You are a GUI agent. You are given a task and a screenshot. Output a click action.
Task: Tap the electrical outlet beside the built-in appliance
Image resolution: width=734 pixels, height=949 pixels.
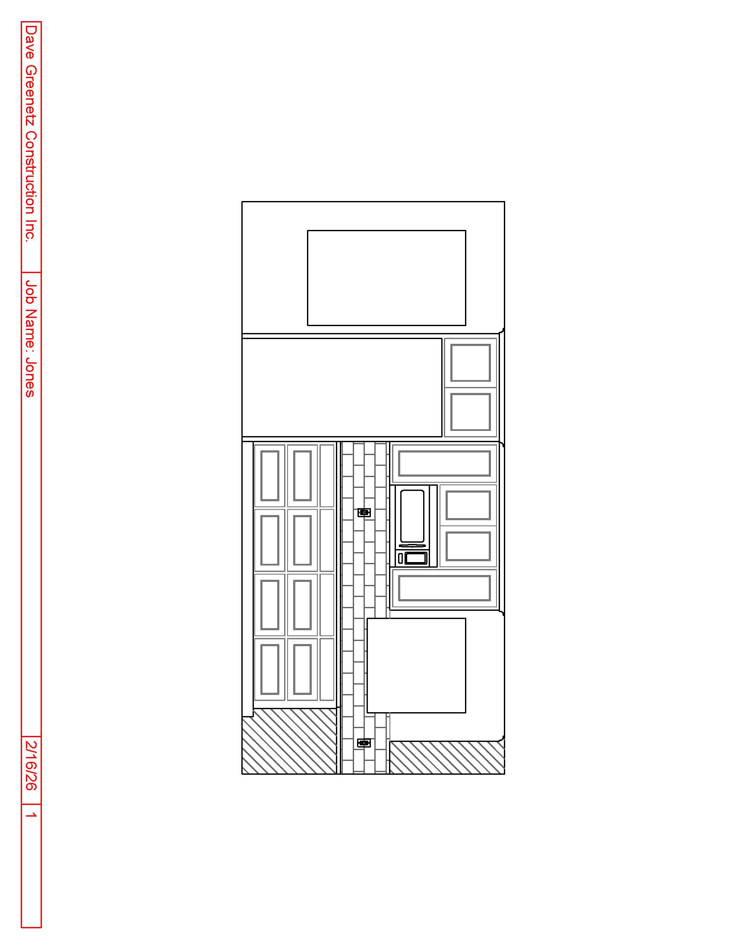[364, 513]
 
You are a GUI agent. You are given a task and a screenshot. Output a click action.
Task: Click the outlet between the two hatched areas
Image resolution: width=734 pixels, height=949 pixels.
[364, 743]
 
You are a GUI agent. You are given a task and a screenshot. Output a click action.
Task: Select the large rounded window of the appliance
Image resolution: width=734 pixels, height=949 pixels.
[412, 516]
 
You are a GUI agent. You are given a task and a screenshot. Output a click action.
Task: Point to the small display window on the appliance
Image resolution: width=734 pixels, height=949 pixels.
[416, 558]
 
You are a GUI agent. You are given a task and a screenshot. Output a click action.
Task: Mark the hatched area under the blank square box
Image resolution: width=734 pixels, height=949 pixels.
[447, 758]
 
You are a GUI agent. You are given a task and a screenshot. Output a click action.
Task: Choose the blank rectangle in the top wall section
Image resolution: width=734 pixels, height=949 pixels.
[386, 278]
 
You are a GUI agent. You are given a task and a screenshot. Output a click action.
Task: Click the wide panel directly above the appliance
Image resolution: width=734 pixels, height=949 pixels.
[444, 463]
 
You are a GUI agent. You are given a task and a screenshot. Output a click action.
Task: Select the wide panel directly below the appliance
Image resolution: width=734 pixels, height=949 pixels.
[444, 588]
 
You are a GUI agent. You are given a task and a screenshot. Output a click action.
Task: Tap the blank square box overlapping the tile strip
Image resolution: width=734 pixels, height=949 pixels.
[416, 665]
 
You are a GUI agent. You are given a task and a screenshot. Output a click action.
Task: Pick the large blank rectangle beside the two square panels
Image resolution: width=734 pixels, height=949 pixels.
[342, 388]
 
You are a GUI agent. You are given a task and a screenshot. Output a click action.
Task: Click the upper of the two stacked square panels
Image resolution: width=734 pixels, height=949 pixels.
[471, 363]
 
